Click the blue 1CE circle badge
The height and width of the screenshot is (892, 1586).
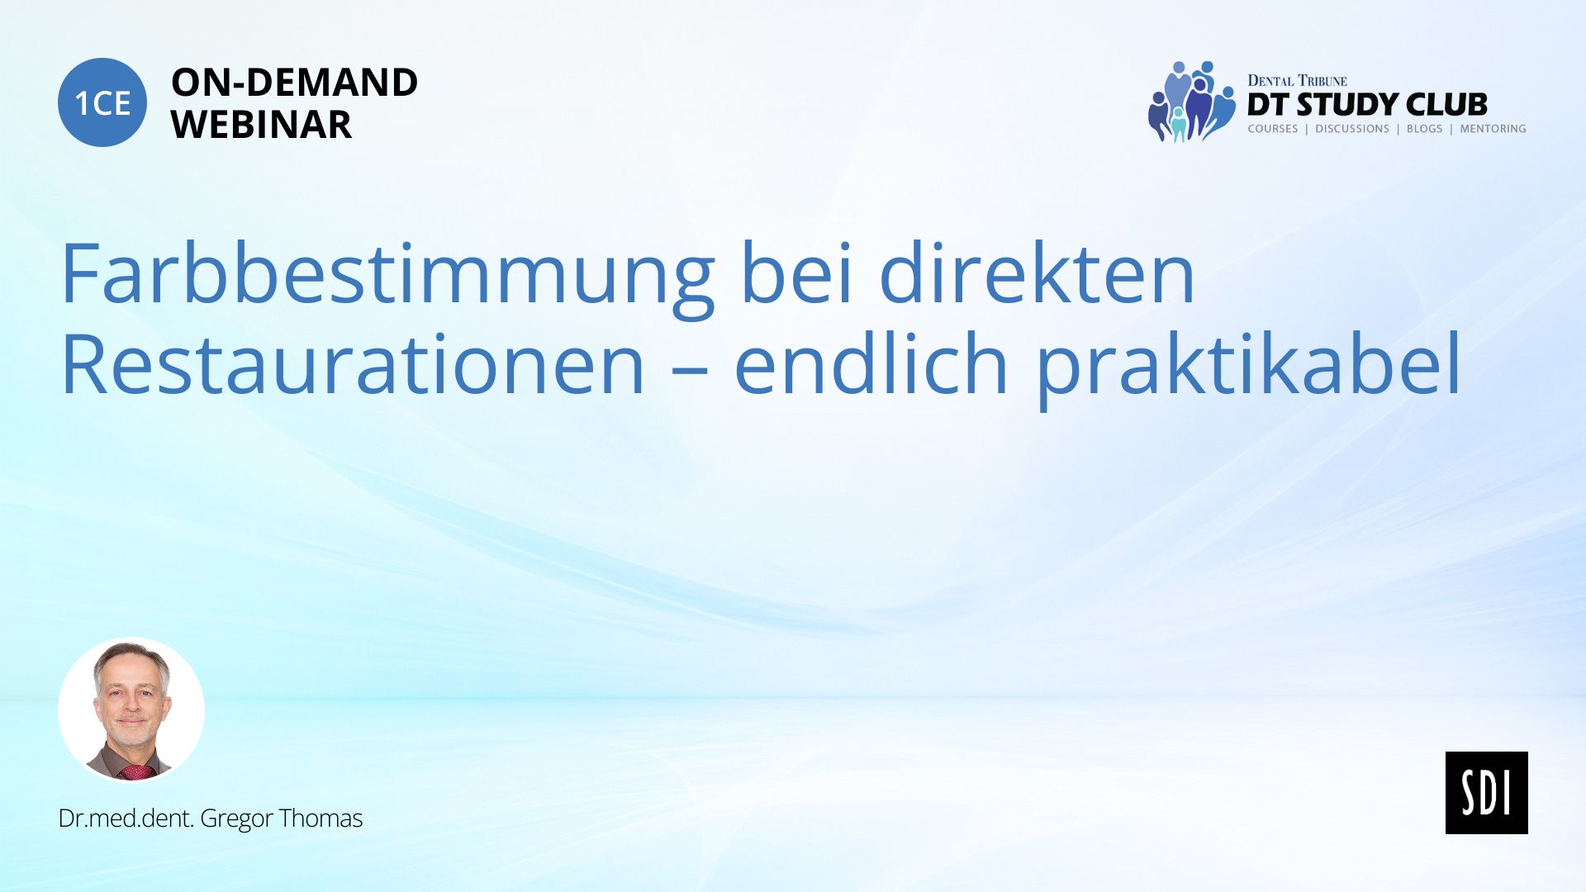[102, 102]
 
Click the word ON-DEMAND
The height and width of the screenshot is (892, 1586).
[294, 83]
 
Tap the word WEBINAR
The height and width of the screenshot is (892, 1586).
[261, 125]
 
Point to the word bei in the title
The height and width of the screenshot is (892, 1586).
[796, 273]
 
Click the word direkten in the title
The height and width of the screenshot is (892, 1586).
[1037, 273]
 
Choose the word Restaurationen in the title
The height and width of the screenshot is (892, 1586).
[353, 363]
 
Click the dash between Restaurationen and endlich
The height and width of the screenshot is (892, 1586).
[689, 370]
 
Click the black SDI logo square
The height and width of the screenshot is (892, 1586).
[1486, 792]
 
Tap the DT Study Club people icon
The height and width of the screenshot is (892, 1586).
[1191, 102]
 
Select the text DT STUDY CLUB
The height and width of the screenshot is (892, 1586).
[1367, 105]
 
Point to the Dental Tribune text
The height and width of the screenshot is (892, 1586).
[1297, 80]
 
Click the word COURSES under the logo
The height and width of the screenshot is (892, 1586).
[1273, 129]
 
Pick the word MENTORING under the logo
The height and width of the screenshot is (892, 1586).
[1493, 129]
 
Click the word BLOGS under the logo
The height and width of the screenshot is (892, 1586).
[1424, 129]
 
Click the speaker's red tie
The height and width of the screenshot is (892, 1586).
[136, 772]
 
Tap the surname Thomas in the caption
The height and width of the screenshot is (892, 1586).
[321, 818]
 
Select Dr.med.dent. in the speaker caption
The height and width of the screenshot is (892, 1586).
[126, 818]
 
